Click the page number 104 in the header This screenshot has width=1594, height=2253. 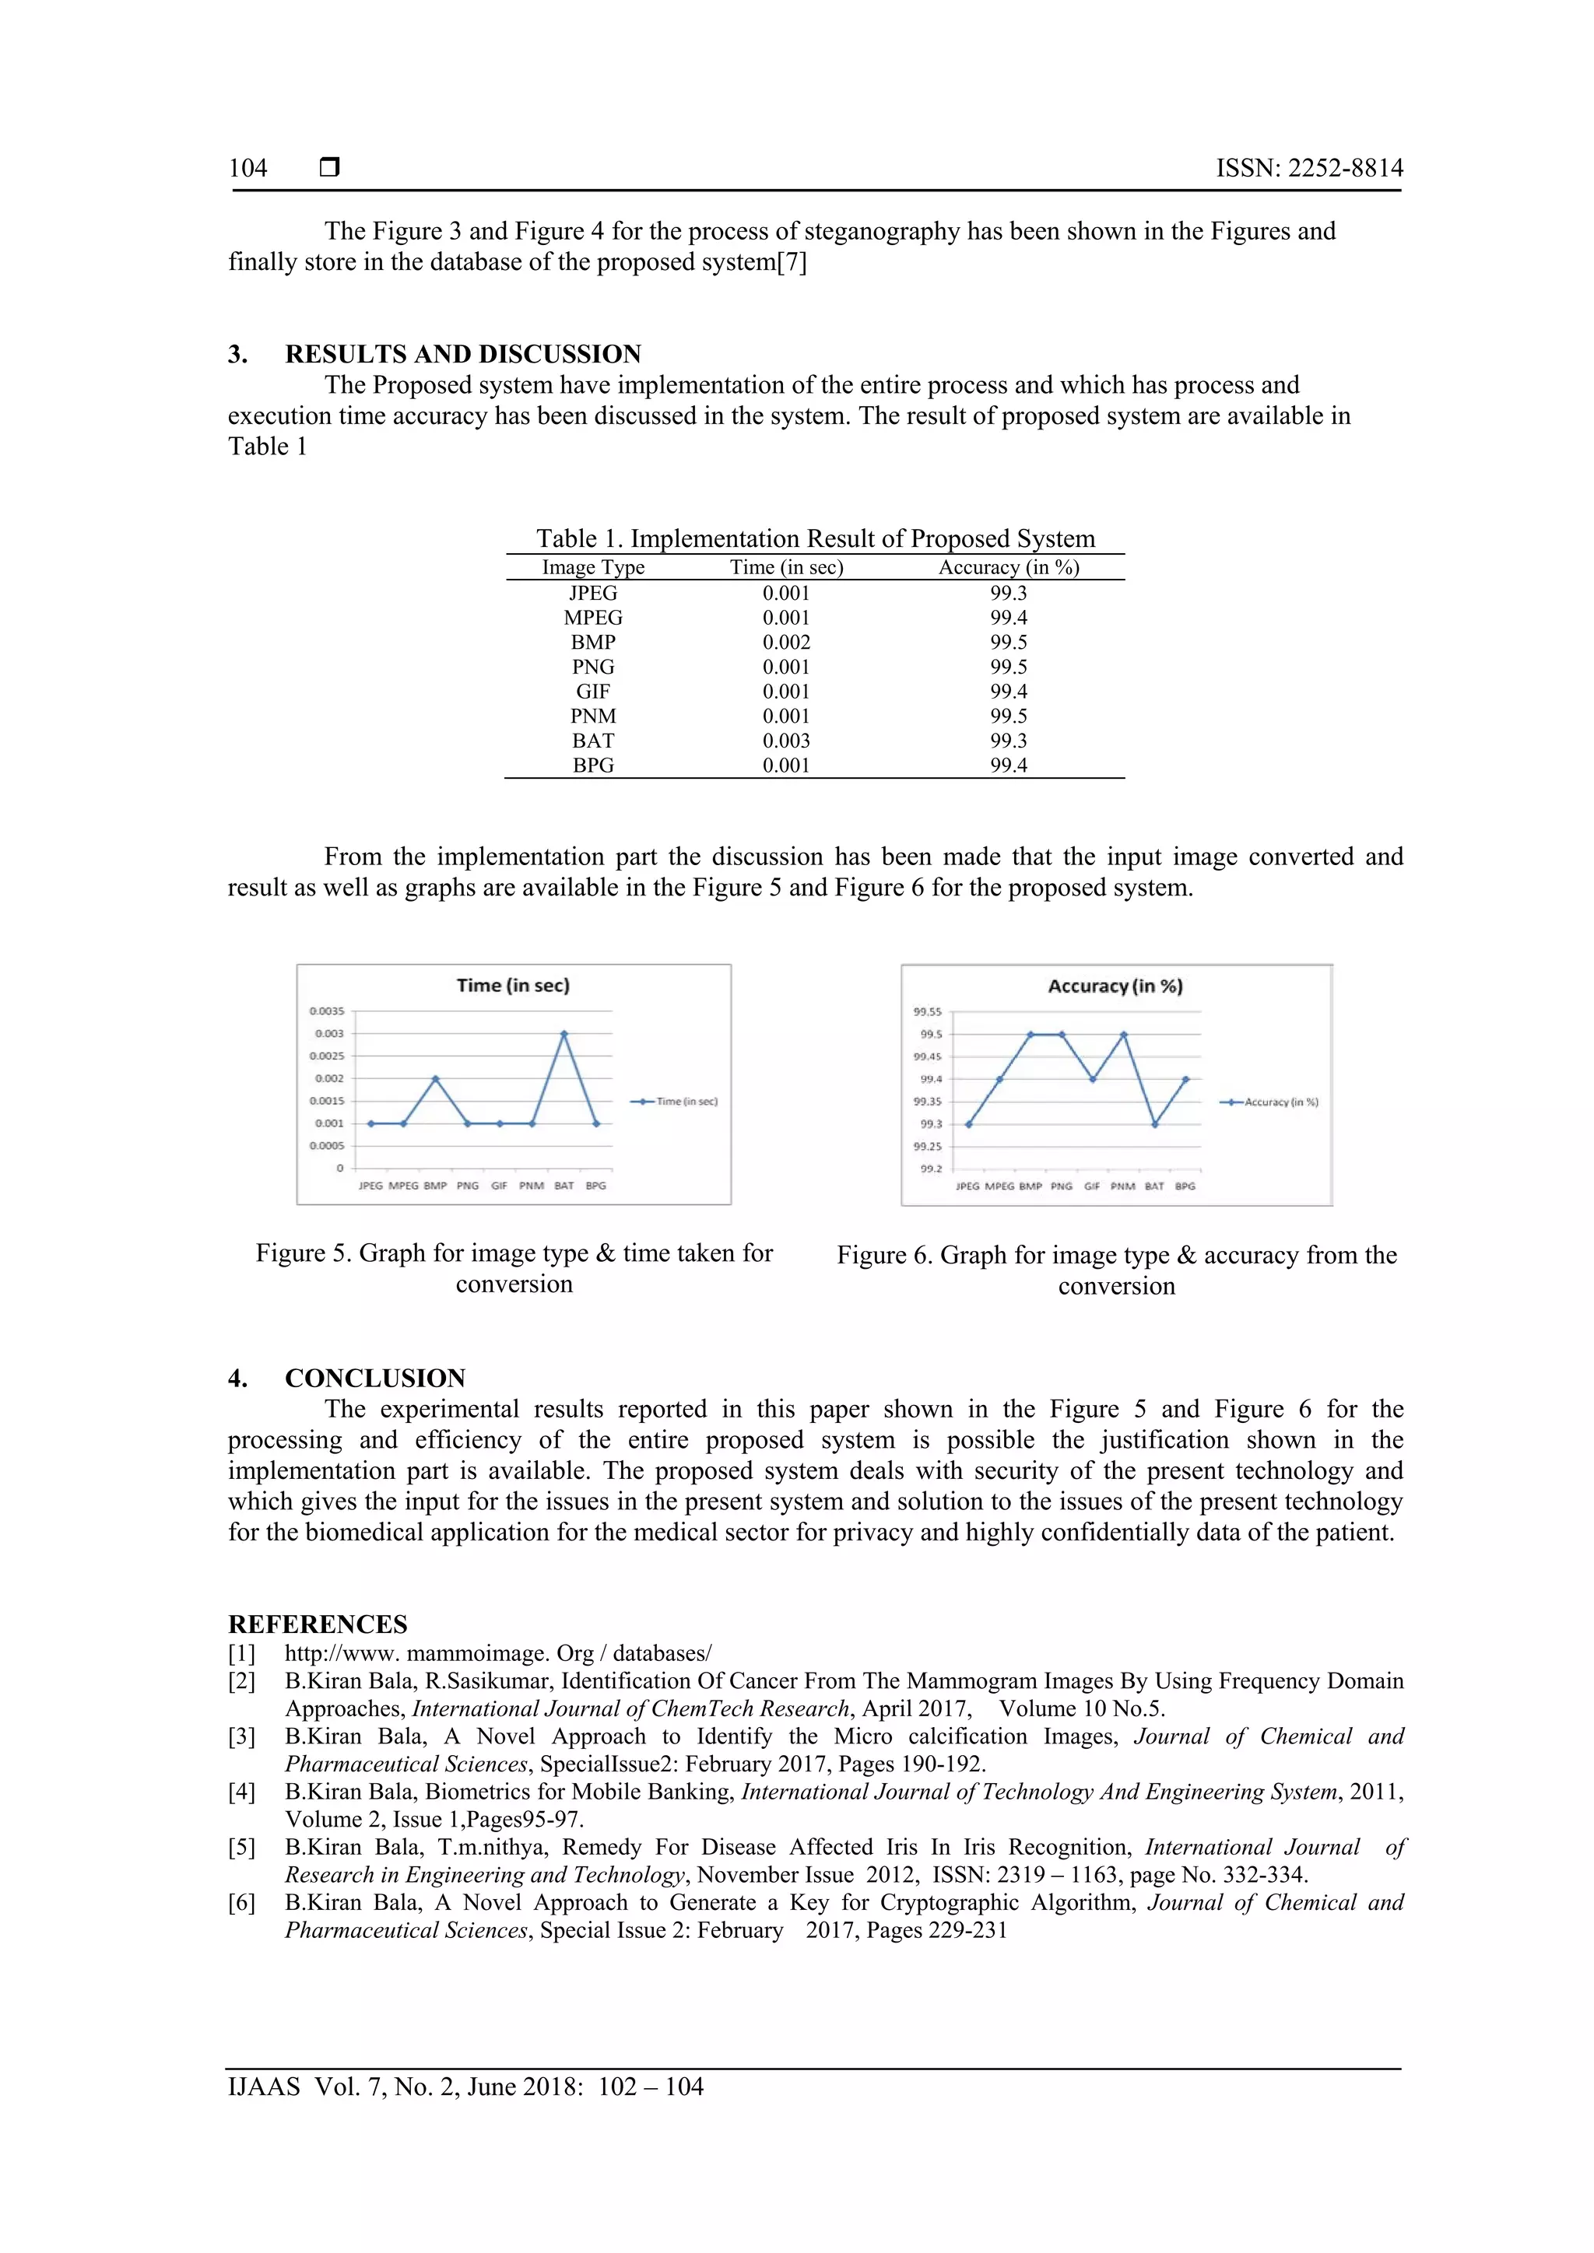tap(248, 168)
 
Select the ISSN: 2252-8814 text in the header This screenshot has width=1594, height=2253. tap(1309, 168)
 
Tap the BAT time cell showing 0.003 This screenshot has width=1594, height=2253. tap(786, 741)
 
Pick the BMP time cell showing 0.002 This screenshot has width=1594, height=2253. tap(786, 643)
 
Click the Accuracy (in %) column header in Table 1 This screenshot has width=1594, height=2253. tap(1008, 567)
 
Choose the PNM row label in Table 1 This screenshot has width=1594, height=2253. tap(593, 717)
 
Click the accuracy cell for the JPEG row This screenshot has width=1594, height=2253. tap(1008, 593)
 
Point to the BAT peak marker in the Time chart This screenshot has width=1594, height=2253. tap(564, 1033)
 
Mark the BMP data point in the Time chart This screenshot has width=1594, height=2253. tap(436, 1078)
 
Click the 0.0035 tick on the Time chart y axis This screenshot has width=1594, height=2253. tap(327, 1011)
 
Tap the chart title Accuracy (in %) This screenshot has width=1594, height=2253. tap(1115, 986)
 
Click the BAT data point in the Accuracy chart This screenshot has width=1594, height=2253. tap(1155, 1124)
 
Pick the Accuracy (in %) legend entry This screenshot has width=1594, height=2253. tap(1270, 1102)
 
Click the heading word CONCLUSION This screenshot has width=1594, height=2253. tap(375, 1378)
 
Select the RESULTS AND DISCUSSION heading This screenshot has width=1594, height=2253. tap(462, 354)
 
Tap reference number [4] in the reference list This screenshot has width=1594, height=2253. tap(241, 1792)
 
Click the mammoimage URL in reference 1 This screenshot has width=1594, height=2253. tap(497, 1653)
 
